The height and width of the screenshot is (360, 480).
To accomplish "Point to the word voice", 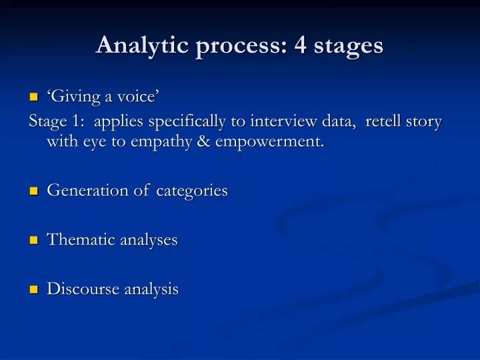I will pos(137,97).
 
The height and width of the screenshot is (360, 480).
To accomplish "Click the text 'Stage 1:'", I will pos(57,122).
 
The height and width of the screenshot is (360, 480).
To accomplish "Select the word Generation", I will pos(87,191).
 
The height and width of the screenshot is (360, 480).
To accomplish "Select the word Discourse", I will pos(82,289).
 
